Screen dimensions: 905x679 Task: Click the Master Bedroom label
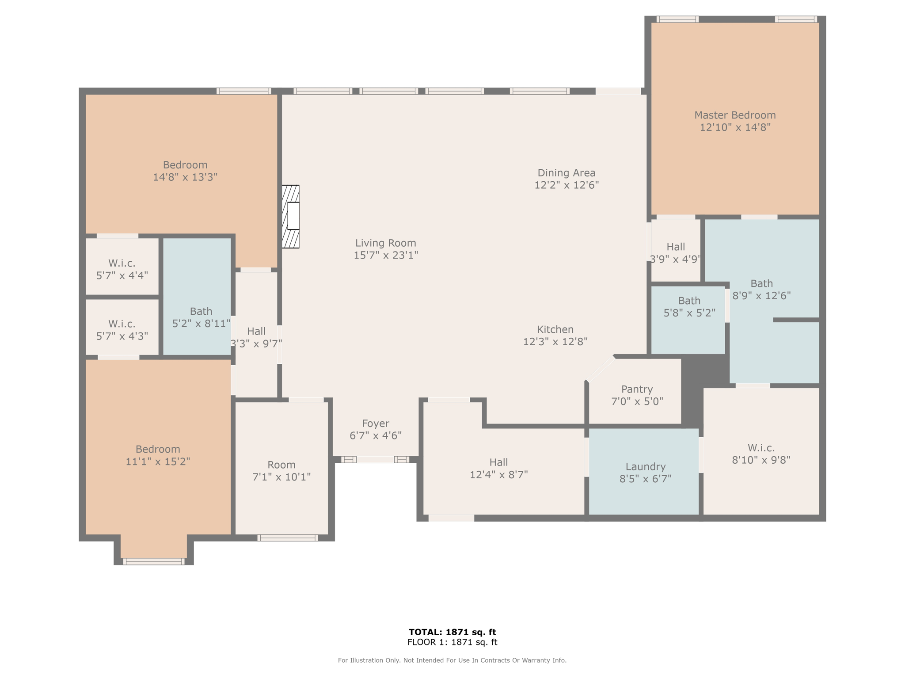pyautogui.click(x=735, y=121)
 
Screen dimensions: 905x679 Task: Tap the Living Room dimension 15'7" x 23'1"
pyautogui.click(x=386, y=255)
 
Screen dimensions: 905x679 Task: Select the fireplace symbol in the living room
pyautogui.click(x=291, y=217)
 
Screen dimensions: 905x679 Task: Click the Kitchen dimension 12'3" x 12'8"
pyautogui.click(x=555, y=341)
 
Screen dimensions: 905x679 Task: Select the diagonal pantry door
pyautogui.click(x=600, y=368)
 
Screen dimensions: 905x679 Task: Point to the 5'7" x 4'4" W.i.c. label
pyautogui.click(x=122, y=269)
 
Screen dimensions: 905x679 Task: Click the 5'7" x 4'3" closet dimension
pyautogui.click(x=122, y=336)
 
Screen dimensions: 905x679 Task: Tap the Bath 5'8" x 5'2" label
pyautogui.click(x=689, y=307)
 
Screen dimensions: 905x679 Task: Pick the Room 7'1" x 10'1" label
pyautogui.click(x=281, y=471)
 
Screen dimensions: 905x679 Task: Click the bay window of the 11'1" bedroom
pyautogui.click(x=154, y=561)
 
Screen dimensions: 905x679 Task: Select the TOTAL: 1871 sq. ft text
pyautogui.click(x=452, y=632)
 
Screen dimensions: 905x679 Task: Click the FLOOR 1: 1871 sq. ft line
pyautogui.click(x=452, y=642)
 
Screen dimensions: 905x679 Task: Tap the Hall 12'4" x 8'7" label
pyautogui.click(x=498, y=468)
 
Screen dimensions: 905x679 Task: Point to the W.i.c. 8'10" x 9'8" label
pyautogui.click(x=761, y=454)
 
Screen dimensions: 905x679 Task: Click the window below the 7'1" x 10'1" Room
pyautogui.click(x=288, y=538)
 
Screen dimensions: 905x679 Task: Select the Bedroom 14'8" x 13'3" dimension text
pyautogui.click(x=185, y=177)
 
